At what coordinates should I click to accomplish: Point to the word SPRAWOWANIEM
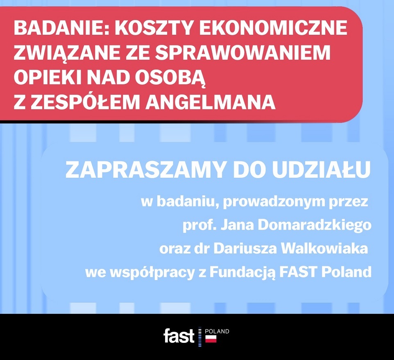(242, 52)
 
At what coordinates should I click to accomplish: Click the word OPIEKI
(48, 78)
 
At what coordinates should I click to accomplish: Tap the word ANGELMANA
(211, 102)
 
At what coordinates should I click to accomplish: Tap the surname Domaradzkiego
(315, 225)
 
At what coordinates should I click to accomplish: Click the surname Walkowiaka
(324, 249)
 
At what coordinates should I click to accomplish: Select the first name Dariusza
(245, 249)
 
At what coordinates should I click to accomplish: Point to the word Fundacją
(242, 272)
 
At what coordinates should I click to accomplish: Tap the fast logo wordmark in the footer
(179, 336)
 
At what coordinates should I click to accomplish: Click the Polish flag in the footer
(211, 339)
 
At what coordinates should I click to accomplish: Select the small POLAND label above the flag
(217, 331)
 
